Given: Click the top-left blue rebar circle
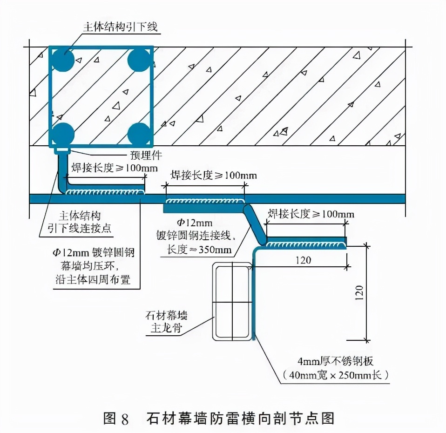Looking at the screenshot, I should [x=62, y=60].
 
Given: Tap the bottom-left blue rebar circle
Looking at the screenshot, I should [x=62, y=134].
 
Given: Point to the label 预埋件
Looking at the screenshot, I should [x=143, y=155].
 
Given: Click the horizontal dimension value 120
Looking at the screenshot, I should [x=303, y=260].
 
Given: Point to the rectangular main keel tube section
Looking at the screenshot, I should [x=231, y=301].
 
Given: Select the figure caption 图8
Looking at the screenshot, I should [x=115, y=418].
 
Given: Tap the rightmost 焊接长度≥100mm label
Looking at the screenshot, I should [x=311, y=214].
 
